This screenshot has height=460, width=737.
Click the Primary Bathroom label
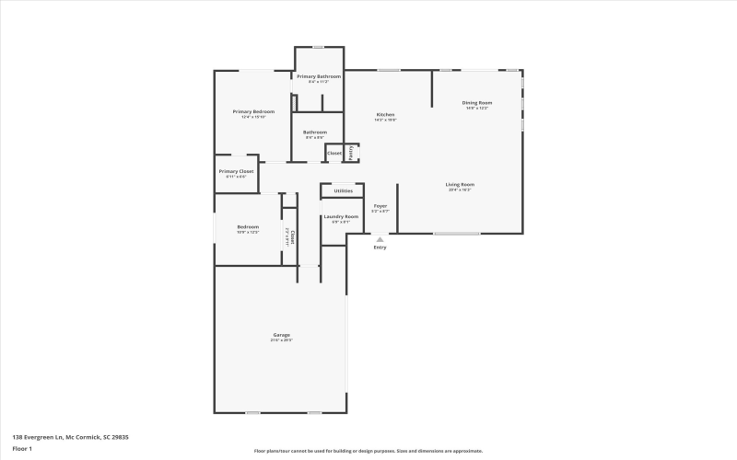point(318,76)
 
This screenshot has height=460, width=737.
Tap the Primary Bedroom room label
point(253,111)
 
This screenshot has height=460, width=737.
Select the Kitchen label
point(385,115)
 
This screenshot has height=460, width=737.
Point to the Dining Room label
point(476,103)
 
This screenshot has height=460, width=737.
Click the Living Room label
point(460,184)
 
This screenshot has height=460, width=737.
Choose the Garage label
point(281,335)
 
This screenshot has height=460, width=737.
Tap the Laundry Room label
point(340,216)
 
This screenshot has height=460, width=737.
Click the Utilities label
point(343,190)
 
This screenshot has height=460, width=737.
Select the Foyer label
point(380,206)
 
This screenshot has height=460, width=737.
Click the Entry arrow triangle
point(380,238)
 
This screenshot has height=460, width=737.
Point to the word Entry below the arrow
point(380,247)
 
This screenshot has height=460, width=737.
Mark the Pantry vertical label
point(351,153)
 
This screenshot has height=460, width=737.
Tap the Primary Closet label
point(236,171)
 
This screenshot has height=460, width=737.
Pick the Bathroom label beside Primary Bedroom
point(315,132)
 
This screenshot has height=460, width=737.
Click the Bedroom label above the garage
point(248,226)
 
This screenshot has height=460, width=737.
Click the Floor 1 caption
point(22,448)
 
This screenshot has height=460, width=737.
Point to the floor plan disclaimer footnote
point(368,451)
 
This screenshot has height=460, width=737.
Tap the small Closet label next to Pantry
point(333,153)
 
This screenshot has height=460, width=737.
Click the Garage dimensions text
point(281,340)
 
